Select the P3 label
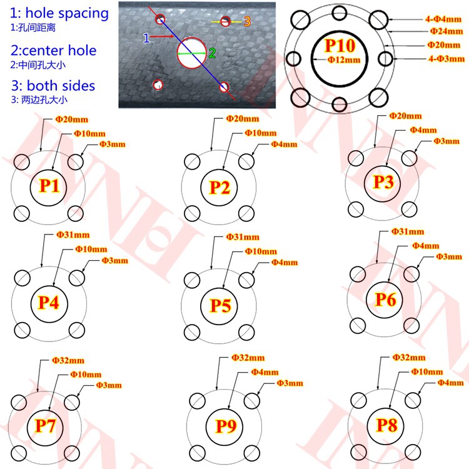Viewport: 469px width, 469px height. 383,183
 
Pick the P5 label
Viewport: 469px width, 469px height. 219,306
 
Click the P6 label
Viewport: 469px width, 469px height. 385,300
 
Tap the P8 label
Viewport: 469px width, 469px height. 386,426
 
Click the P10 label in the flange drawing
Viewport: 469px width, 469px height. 339,45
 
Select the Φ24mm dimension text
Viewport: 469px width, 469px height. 445,31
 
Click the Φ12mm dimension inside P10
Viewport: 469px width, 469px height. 344,59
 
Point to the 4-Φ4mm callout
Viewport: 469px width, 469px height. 442,18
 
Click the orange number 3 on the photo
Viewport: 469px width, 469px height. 246,21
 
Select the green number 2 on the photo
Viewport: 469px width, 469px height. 212,54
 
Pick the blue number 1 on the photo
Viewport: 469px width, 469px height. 146,38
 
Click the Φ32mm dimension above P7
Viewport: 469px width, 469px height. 68,361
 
